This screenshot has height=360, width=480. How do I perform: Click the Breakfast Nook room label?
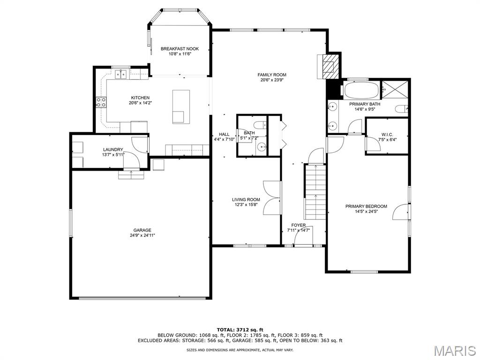pyautogui.click(x=180, y=49)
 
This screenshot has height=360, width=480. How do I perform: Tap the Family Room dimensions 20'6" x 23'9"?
pyautogui.click(x=272, y=80)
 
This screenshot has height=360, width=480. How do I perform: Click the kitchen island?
pyautogui.click(x=181, y=106)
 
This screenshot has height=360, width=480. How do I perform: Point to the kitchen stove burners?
pyautogui.click(x=101, y=102)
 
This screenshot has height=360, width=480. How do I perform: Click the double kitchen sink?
pyautogui.click(x=121, y=74)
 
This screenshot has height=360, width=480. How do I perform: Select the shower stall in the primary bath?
pyautogui.click(x=395, y=90)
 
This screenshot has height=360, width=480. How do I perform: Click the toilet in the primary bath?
pyautogui.click(x=402, y=109)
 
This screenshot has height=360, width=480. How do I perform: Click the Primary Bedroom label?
pyautogui.click(x=366, y=206)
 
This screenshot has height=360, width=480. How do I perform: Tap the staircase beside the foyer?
pyautogui.click(x=315, y=192)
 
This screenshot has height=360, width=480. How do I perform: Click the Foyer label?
pyautogui.click(x=299, y=225)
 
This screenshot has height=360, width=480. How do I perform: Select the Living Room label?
pyautogui.click(x=246, y=200)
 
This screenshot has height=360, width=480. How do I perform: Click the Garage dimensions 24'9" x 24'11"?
pyautogui.click(x=142, y=235)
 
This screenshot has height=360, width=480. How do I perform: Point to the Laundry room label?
pyautogui.click(x=113, y=150)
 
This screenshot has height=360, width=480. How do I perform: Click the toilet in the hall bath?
pyautogui.click(x=261, y=125)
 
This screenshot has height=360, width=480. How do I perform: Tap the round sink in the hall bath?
pyautogui.click(x=262, y=147)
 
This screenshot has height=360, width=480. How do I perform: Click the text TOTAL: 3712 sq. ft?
pyautogui.click(x=240, y=330)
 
